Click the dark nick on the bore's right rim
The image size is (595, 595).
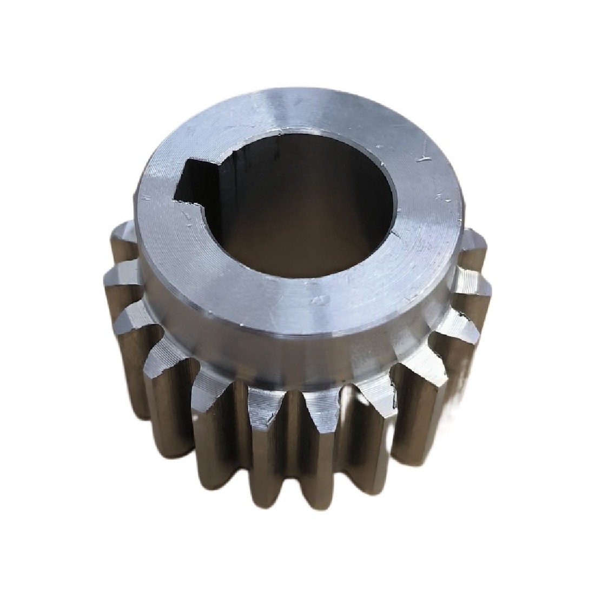pyautogui.click(x=399, y=234)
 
